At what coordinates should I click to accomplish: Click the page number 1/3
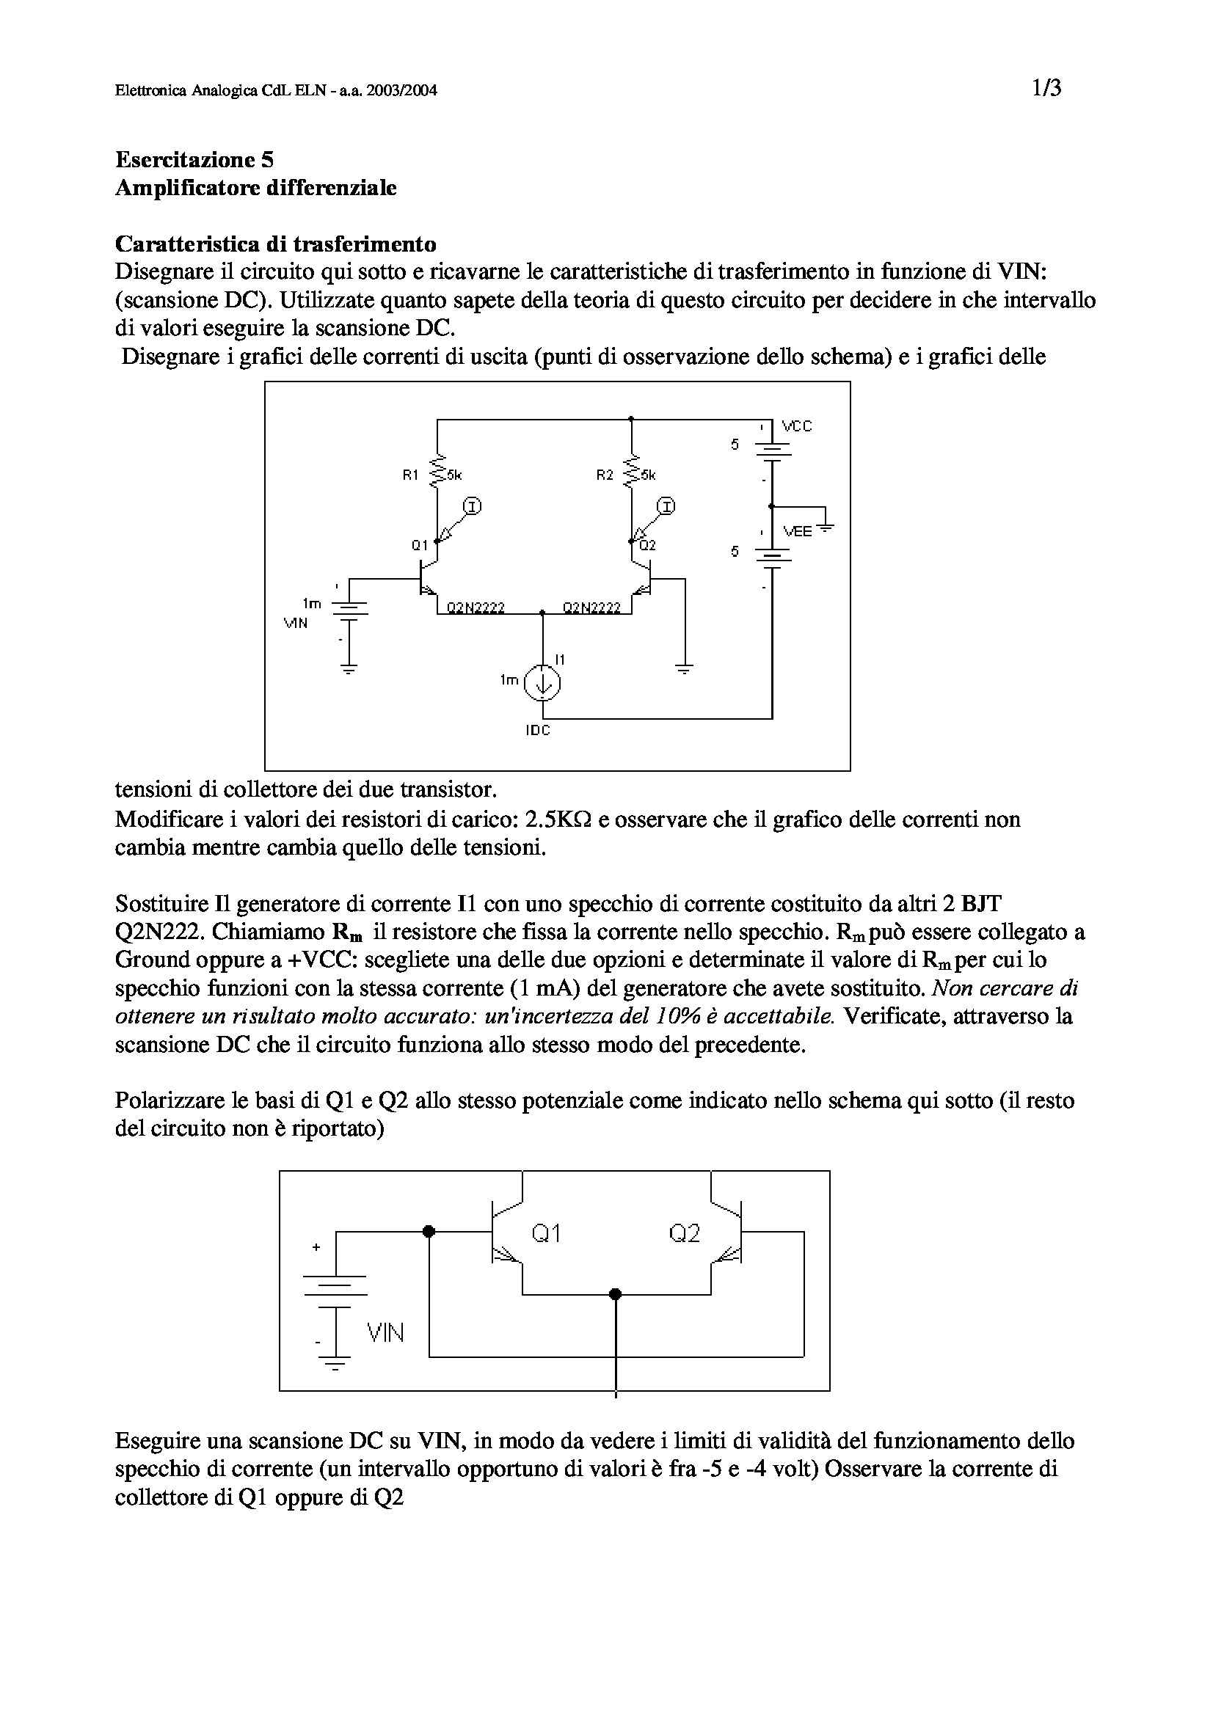pyautogui.click(x=1046, y=89)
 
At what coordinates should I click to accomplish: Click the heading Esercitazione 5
pyautogui.click(x=194, y=159)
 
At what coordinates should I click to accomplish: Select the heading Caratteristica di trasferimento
pyautogui.click(x=276, y=244)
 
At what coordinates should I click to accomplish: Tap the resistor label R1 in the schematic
pyautogui.click(x=410, y=475)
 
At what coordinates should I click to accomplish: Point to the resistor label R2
pyautogui.click(x=605, y=475)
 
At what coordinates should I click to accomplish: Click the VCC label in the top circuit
pyautogui.click(x=797, y=426)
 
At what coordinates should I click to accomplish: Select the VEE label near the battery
pyautogui.click(x=797, y=531)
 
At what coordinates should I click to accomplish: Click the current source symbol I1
pyautogui.click(x=542, y=683)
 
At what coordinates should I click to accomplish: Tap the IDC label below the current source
pyautogui.click(x=537, y=730)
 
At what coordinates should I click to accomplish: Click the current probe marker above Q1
pyautogui.click(x=473, y=506)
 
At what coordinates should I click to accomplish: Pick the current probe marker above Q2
pyautogui.click(x=666, y=506)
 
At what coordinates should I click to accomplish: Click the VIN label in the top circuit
pyautogui.click(x=296, y=623)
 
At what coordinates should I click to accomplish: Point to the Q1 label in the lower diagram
pyautogui.click(x=545, y=1233)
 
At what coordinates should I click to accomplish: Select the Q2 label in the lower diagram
pyautogui.click(x=684, y=1233)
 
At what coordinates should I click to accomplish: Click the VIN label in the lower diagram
pyautogui.click(x=386, y=1332)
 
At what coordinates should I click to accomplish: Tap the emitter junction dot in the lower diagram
pyautogui.click(x=615, y=1293)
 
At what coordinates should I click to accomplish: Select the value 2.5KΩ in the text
pyautogui.click(x=558, y=819)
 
